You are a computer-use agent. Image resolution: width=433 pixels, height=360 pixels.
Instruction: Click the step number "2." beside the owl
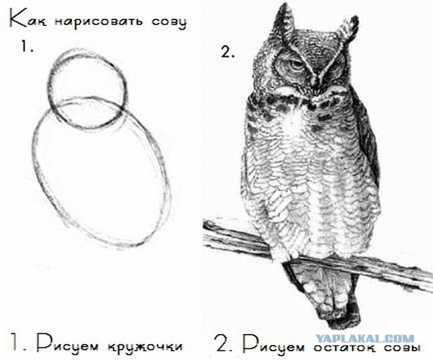228,53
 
